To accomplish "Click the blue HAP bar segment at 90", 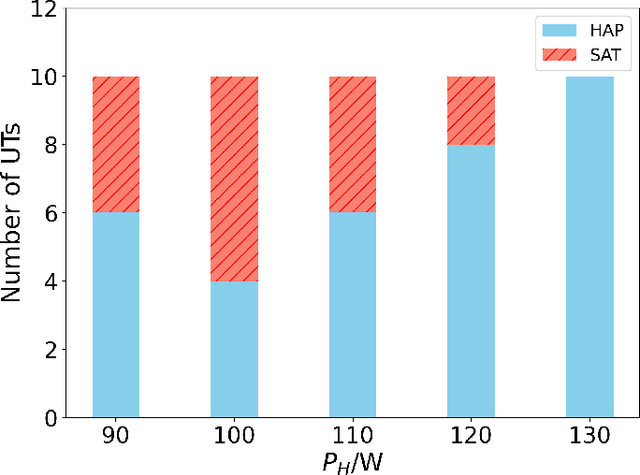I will (x=115, y=314).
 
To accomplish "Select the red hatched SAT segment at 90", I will (x=115, y=144).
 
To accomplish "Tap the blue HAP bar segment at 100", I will (x=234, y=348).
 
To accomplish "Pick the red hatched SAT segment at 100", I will (x=234, y=178).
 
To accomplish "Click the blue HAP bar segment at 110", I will (x=352, y=314).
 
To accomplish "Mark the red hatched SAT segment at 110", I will (x=352, y=144).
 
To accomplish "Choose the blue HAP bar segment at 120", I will (x=471, y=280).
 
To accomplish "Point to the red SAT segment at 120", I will (x=471, y=110).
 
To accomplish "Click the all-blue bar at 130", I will (x=589, y=246).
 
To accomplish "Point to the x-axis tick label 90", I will (x=115, y=436).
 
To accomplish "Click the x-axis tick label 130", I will (x=589, y=436).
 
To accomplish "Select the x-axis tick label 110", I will (x=352, y=436).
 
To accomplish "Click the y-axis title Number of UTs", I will (x=14, y=213).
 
